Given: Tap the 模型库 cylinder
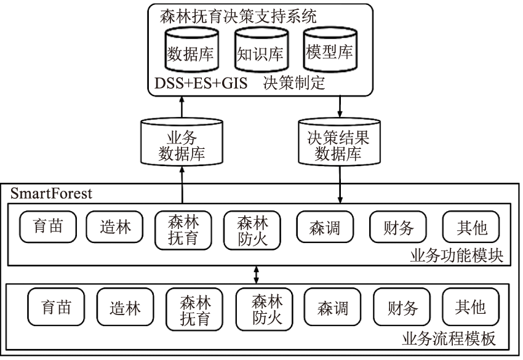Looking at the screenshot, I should (x=329, y=53).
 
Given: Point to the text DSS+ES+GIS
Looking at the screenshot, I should (x=199, y=84).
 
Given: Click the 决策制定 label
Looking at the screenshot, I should (x=293, y=84).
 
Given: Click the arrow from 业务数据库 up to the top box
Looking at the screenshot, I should (x=182, y=108).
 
